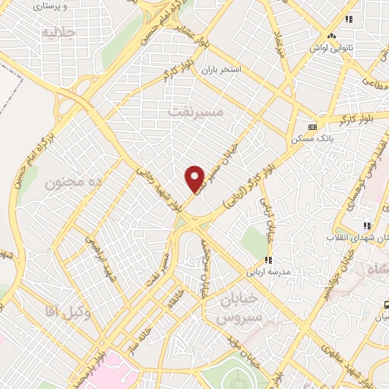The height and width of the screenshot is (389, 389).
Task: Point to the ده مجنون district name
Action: coord(74,183)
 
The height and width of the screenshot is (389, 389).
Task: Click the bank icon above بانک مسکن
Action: coord(312,127)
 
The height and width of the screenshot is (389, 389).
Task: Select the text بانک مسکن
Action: coord(313,139)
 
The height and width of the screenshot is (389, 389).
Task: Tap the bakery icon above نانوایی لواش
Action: coord(330,36)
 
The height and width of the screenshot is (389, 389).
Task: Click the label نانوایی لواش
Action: coord(331,48)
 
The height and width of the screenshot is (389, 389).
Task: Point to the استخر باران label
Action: coord(220,70)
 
